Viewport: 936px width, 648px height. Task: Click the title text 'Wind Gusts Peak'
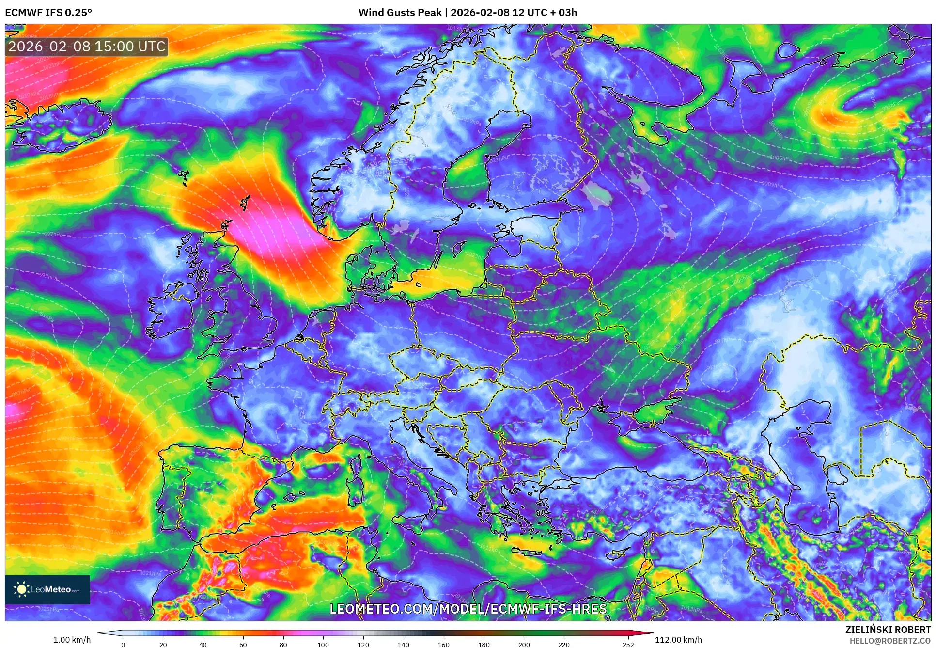(x=400, y=13)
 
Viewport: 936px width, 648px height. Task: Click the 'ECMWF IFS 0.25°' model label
(x=48, y=13)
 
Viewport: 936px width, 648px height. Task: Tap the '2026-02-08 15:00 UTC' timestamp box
(x=87, y=47)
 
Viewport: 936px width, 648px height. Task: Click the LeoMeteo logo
(x=47, y=589)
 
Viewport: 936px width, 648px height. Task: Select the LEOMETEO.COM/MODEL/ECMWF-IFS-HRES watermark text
(x=468, y=609)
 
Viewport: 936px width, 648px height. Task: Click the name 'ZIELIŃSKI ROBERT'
(x=888, y=630)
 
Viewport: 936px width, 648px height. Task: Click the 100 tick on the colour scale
(x=323, y=644)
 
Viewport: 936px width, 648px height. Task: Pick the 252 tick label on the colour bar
(x=628, y=644)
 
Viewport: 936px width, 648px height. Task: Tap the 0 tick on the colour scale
(x=123, y=644)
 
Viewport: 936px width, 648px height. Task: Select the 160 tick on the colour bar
(x=443, y=644)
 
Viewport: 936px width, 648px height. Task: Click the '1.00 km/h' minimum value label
(x=72, y=640)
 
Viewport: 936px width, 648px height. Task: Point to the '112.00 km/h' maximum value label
(x=678, y=640)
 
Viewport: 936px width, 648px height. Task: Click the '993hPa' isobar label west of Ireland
(x=48, y=277)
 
